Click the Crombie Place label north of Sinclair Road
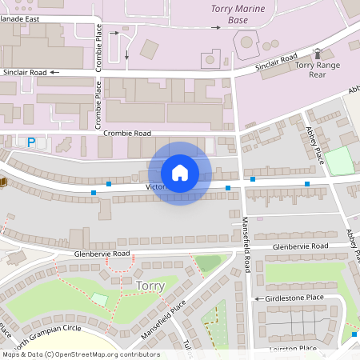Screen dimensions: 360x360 [x=99, y=46]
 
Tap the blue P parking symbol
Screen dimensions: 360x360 [x=31, y=142]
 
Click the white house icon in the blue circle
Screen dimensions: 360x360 [x=179, y=173]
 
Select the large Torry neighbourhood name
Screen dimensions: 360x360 [x=150, y=286]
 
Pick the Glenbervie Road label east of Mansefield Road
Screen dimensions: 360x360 [x=300, y=246]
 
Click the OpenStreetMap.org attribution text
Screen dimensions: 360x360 [x=115, y=354]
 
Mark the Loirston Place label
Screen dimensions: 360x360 [x=294, y=349]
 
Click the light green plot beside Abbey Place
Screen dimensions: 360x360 [x=339, y=161]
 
